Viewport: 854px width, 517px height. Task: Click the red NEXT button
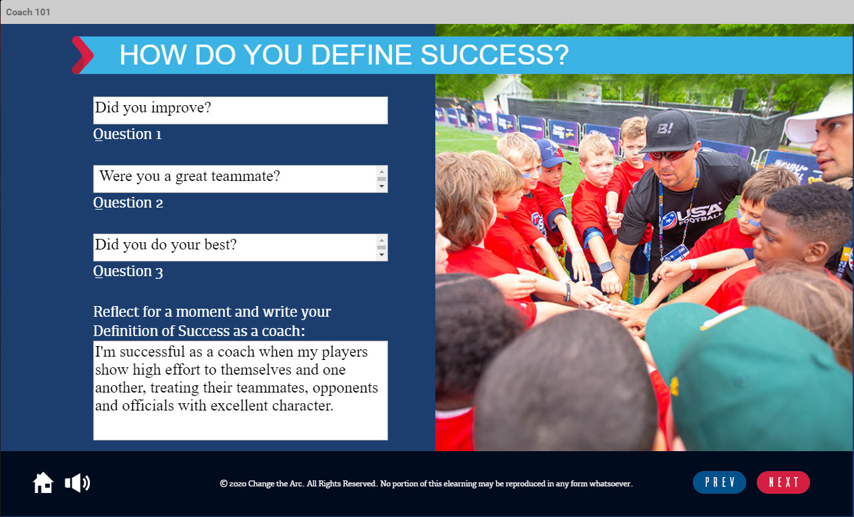pyautogui.click(x=783, y=482)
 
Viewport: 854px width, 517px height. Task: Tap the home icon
pyautogui.click(x=43, y=482)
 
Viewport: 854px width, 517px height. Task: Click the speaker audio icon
pyautogui.click(x=77, y=482)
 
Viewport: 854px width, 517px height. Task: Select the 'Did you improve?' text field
pyautogui.click(x=240, y=110)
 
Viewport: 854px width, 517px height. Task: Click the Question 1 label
pyautogui.click(x=127, y=134)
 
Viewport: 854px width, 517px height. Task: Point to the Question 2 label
pyautogui.click(x=128, y=203)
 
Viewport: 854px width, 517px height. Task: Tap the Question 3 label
pyautogui.click(x=128, y=271)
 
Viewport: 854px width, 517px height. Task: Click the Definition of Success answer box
pyautogui.click(x=240, y=391)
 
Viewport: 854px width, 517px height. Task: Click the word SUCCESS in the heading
pyautogui.click(x=495, y=55)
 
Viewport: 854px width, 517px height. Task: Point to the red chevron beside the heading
pyautogui.click(x=83, y=55)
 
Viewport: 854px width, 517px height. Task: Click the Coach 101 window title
pyautogui.click(x=28, y=12)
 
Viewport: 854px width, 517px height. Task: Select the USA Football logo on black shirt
pyautogui.click(x=692, y=216)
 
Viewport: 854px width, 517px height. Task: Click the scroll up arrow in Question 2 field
pyautogui.click(x=381, y=171)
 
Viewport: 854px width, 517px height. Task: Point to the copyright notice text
pyautogui.click(x=426, y=484)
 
